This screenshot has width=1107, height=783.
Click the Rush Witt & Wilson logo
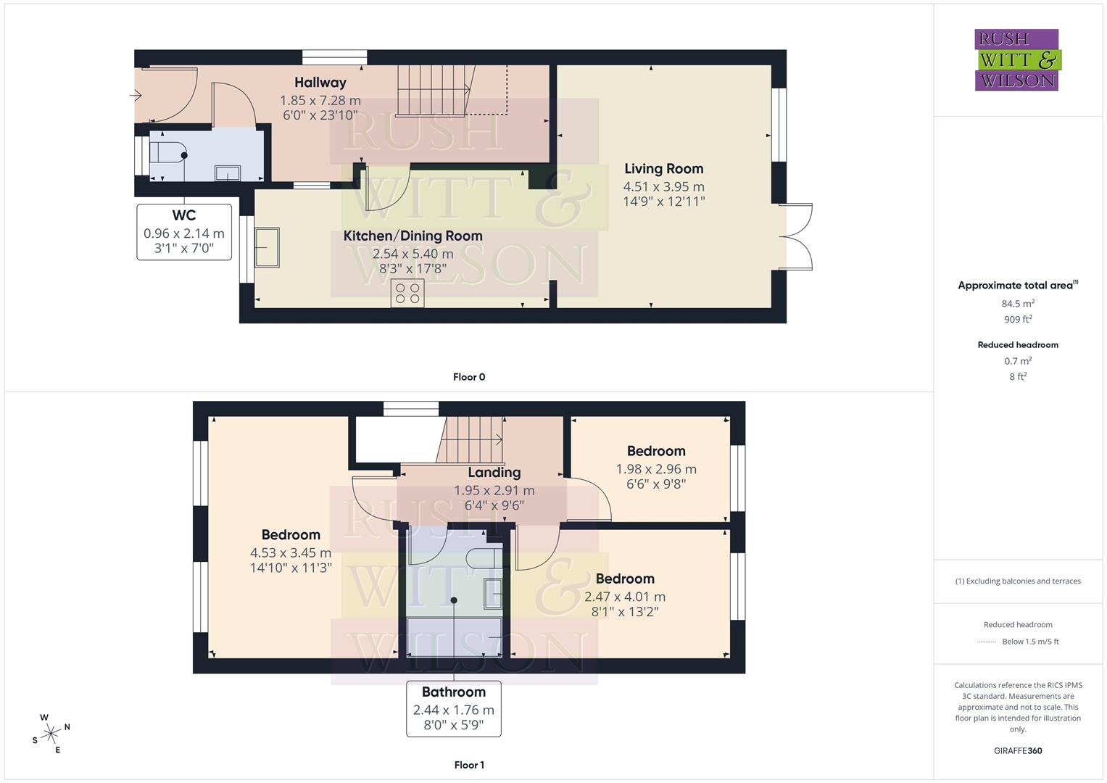(1016, 60)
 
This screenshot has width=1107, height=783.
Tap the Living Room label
(663, 169)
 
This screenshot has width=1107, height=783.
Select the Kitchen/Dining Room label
(412, 236)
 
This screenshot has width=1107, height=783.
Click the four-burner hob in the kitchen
(407, 293)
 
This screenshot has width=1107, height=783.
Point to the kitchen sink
(267, 247)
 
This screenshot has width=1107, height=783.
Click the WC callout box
(184, 232)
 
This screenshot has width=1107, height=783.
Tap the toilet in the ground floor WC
(168, 155)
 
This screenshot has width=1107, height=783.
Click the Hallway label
(320, 83)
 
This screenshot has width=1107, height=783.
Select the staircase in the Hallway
(433, 90)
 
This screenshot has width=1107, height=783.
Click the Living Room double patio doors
(795, 236)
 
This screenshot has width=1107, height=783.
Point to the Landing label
(494, 473)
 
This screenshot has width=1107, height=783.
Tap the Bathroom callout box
(454, 708)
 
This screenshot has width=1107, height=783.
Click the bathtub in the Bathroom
(454, 636)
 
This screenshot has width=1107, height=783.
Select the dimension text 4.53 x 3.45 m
(291, 552)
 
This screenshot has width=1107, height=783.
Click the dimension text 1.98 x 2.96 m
(656, 469)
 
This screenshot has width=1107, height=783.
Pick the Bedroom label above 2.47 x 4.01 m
(625, 579)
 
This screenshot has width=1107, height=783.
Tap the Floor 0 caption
(469, 377)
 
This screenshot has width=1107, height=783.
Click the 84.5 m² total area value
(1018, 304)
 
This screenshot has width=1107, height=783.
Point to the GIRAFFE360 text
(1018, 750)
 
